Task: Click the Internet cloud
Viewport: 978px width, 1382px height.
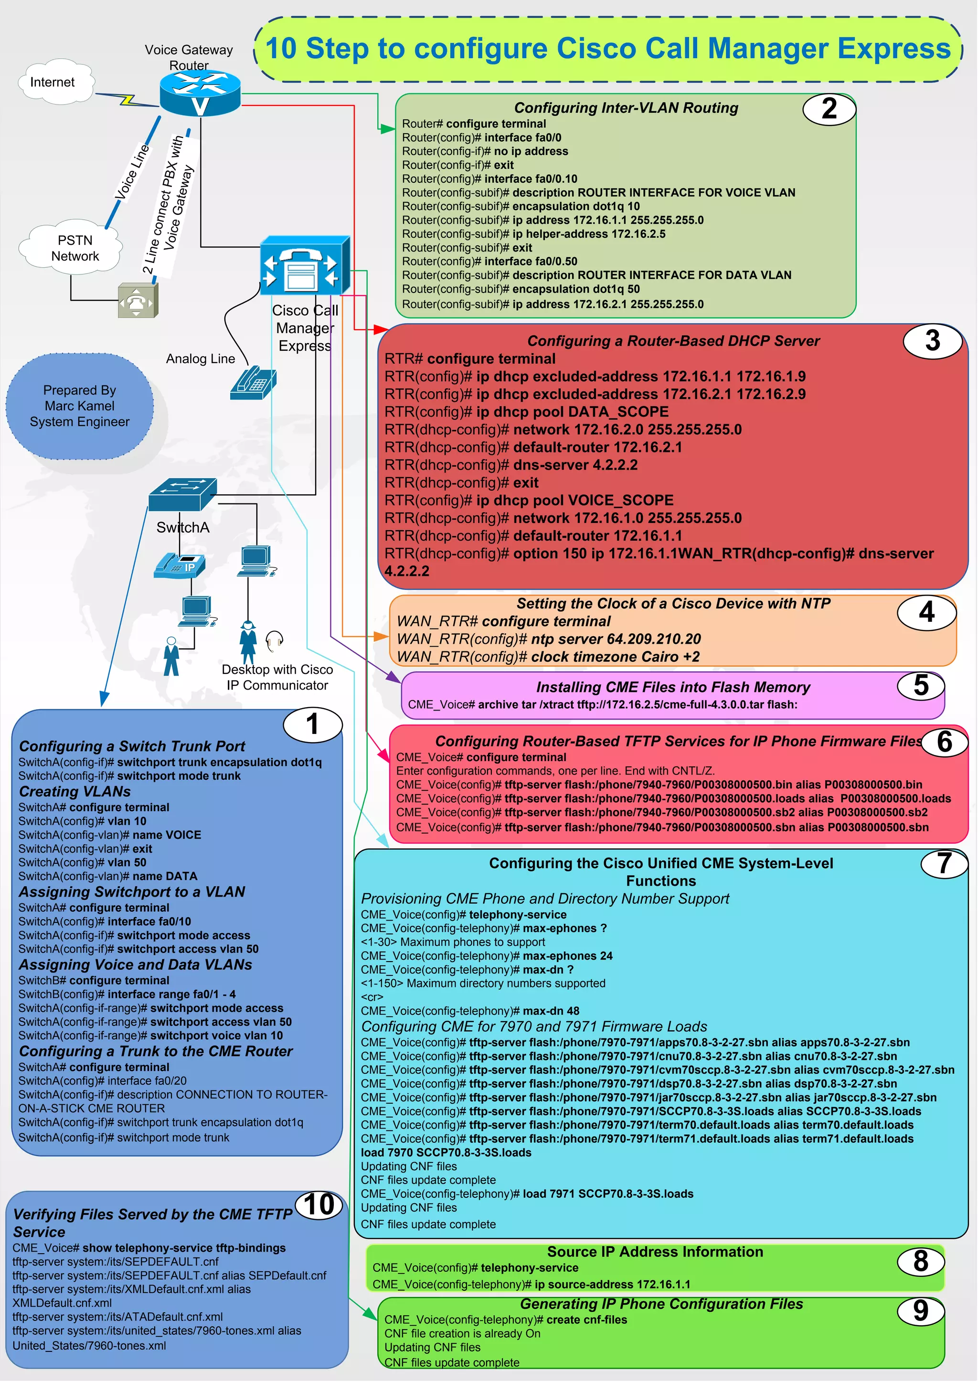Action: tap(54, 83)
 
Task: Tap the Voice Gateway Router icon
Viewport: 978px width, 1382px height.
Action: tap(200, 94)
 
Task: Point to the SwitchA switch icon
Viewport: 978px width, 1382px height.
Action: tap(182, 494)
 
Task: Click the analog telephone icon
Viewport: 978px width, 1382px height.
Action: tap(253, 382)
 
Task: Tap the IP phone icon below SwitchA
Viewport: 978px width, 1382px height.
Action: tap(180, 566)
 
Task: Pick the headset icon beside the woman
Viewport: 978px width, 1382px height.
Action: tap(275, 640)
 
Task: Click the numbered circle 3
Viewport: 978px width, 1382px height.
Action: tap(932, 341)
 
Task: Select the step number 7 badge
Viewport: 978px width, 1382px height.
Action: tap(944, 864)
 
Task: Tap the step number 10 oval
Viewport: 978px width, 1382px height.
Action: tap(319, 1205)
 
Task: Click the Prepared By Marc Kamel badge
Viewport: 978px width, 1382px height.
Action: tap(79, 406)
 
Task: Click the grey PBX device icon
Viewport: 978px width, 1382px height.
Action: tap(138, 300)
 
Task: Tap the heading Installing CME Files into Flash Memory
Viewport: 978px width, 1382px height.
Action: tap(673, 687)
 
